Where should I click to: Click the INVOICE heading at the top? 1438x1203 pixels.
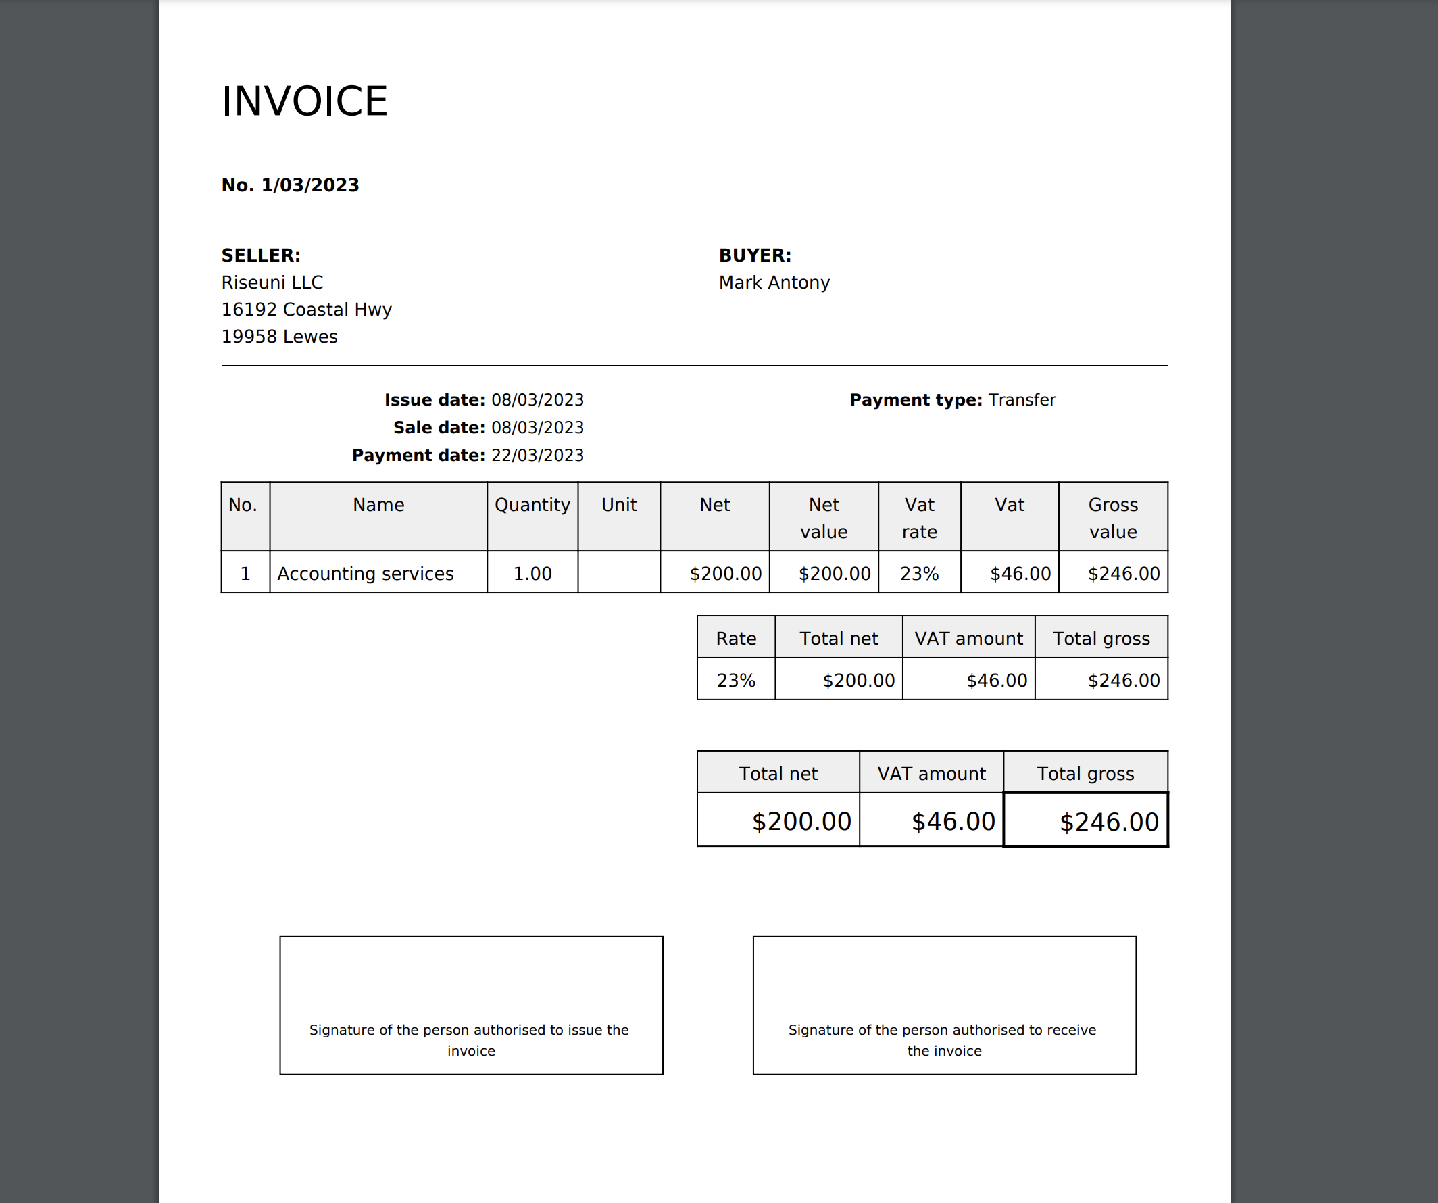(304, 101)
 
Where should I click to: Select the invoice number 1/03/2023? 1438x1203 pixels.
(309, 186)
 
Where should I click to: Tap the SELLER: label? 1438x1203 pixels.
(261, 255)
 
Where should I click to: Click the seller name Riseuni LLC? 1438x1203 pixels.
(272, 283)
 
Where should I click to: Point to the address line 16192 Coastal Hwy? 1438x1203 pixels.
(306, 310)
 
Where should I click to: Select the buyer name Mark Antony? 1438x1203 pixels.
(774, 283)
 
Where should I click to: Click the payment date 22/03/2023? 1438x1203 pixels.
(537, 456)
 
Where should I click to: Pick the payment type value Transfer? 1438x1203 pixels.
(1022, 400)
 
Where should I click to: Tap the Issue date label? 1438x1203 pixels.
(434, 400)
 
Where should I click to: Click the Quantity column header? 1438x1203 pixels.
(532, 506)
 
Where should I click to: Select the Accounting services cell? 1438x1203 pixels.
(365, 574)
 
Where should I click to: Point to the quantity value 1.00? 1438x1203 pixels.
(532, 574)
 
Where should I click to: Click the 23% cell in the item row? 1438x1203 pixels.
(919, 574)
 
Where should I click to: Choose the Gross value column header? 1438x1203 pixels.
(1113, 518)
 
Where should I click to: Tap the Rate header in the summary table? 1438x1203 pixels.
(735, 639)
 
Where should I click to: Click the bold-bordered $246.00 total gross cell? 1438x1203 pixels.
(1108, 822)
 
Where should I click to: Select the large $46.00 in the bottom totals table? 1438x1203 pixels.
(953, 822)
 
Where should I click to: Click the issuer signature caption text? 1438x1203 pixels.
(470, 1040)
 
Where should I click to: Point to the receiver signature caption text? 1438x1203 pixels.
(943, 1040)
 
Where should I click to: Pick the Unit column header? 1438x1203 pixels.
(618, 506)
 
